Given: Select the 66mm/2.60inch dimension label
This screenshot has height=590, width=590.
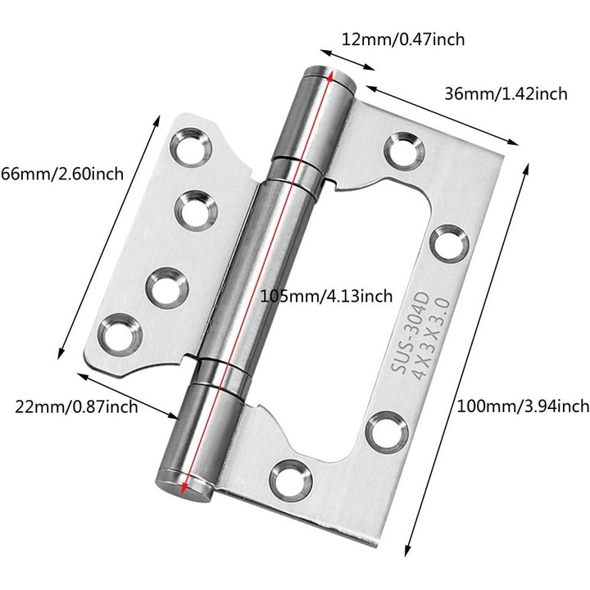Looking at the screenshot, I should click(61, 173).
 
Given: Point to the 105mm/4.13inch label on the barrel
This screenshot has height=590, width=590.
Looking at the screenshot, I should click(325, 296).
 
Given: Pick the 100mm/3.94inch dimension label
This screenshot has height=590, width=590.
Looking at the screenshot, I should click(523, 405).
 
